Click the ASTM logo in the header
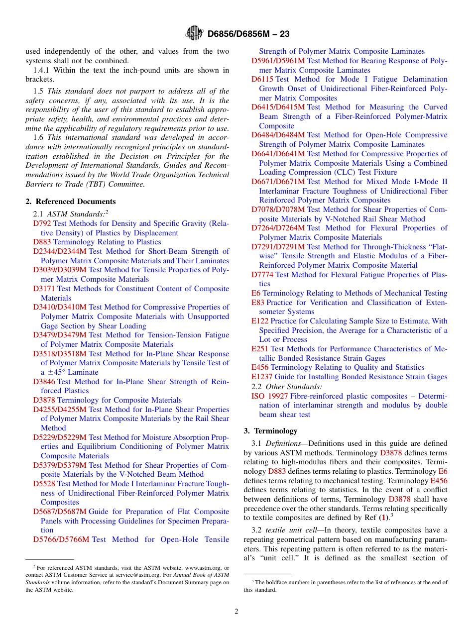(194, 33)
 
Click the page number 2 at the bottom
(236, 611)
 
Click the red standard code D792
(42, 223)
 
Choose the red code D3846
(44, 382)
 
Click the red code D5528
(44, 484)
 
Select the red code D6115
(262, 79)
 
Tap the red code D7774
(262, 275)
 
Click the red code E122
(260, 321)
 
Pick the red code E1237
(262, 377)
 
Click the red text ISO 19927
(269, 396)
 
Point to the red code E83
(258, 303)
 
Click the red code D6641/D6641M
(278, 154)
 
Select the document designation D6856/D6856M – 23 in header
(248, 34)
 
